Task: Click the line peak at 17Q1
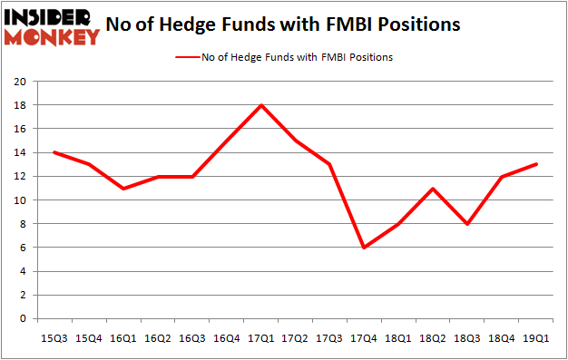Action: [x=261, y=105]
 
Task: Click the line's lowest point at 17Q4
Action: [x=363, y=248]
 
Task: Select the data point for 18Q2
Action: [x=432, y=189]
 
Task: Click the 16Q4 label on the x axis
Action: [x=228, y=337]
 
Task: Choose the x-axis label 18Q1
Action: [x=397, y=337]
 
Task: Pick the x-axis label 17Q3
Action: [x=329, y=337]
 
